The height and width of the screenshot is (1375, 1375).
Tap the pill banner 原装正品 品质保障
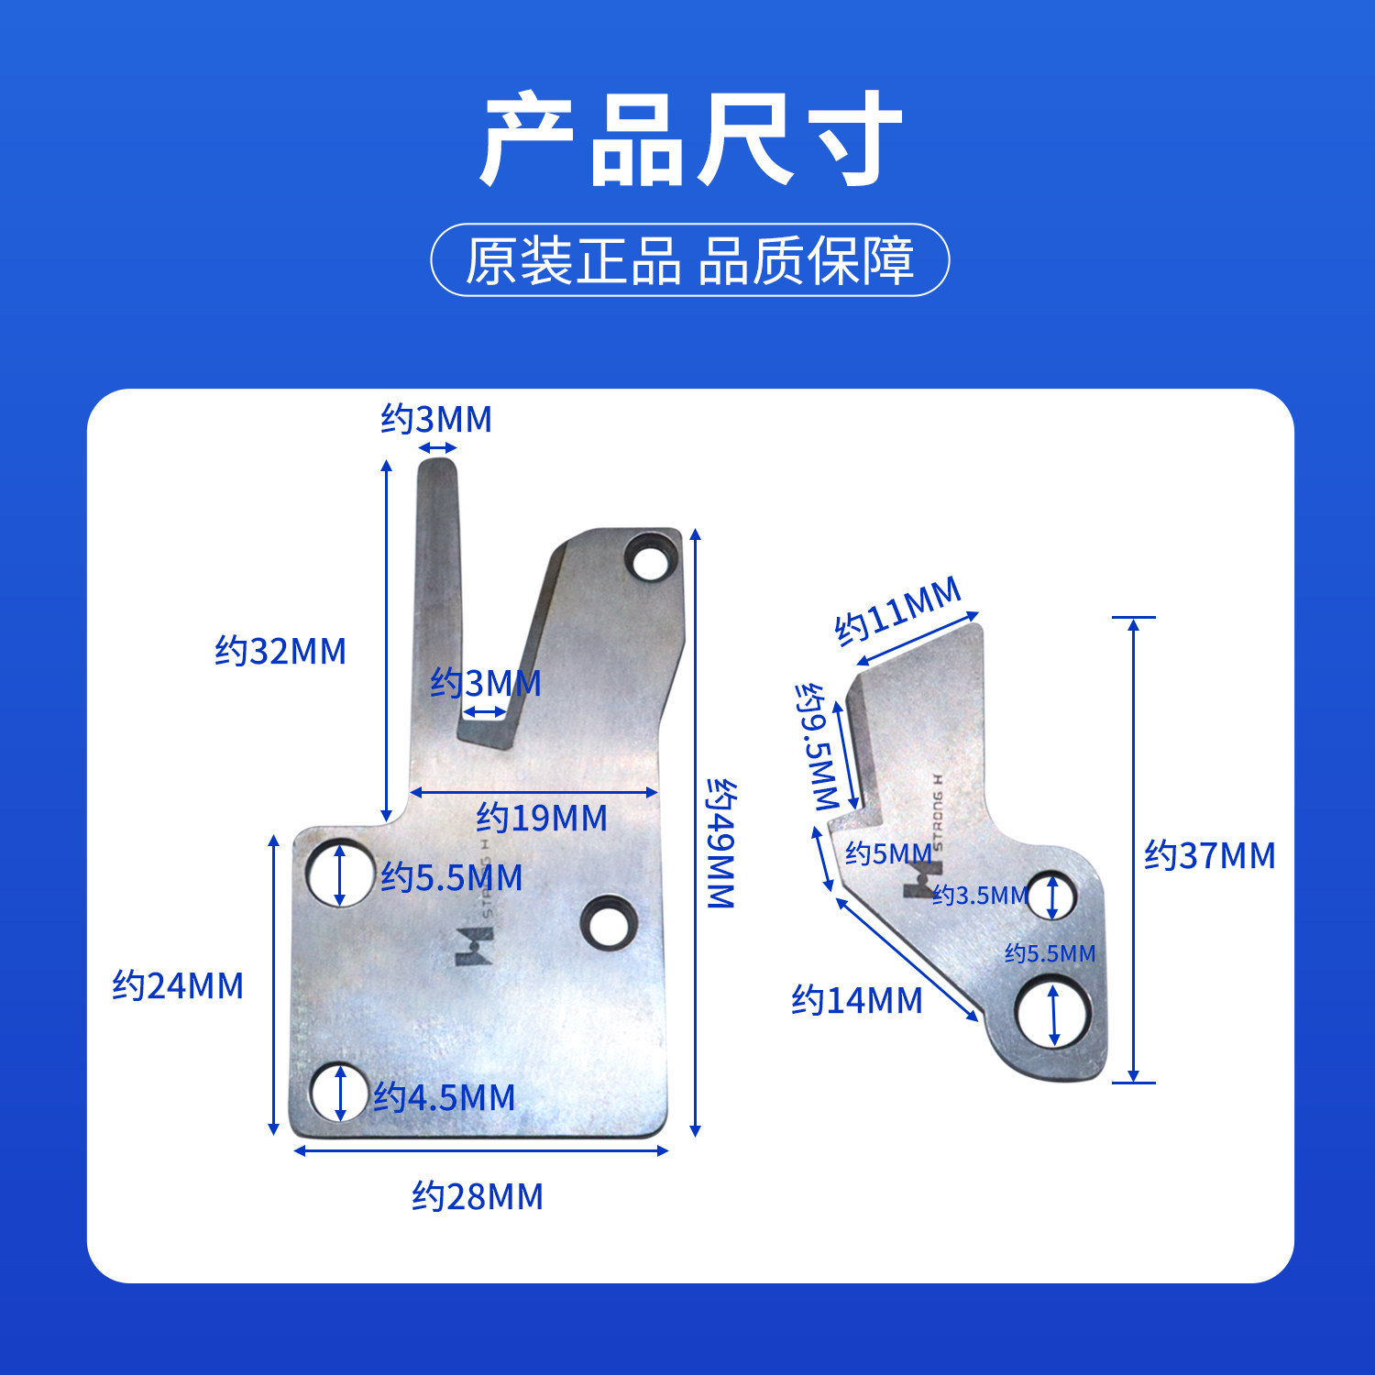coord(690,259)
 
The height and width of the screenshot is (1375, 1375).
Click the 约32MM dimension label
coord(280,652)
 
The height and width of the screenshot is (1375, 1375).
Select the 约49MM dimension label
coord(721,844)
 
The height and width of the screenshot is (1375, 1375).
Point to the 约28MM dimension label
coord(478,1196)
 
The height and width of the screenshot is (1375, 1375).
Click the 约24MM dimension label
coord(178,986)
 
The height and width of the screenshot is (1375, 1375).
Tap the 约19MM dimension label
coord(542,818)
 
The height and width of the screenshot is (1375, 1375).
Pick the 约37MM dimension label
coord(1210,855)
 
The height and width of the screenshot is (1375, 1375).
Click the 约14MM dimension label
coord(857,1000)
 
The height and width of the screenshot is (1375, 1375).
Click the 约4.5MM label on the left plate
coord(444,1097)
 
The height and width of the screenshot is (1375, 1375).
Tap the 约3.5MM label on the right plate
coord(980,895)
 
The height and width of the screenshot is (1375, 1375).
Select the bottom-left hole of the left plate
coord(340,1092)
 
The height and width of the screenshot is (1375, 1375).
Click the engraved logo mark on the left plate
coord(474,945)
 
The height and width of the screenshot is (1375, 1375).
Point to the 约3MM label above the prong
coord(436,419)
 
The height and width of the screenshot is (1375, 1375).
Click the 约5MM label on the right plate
coord(888,853)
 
